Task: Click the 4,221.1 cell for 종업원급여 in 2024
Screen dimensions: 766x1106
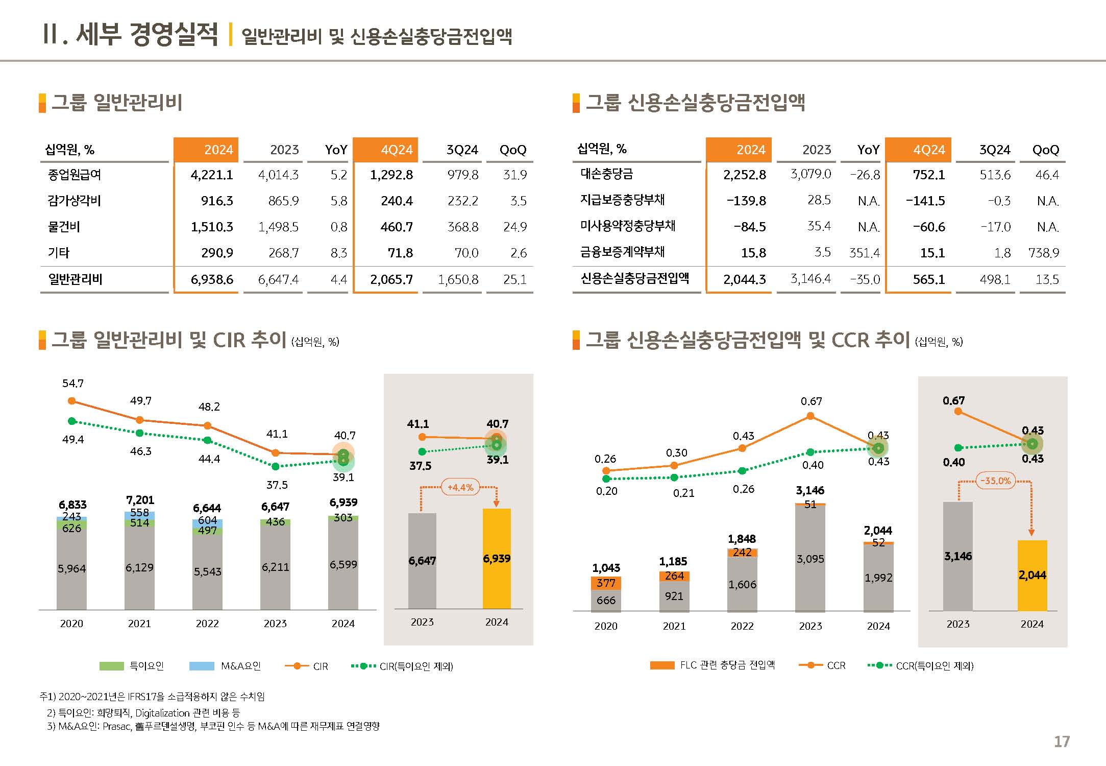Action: pyautogui.click(x=211, y=175)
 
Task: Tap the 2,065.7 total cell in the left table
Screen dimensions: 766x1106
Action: pyautogui.click(x=391, y=280)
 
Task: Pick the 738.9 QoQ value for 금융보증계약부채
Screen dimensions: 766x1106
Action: pyautogui.click(x=1044, y=253)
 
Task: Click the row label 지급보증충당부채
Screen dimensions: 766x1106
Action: pyautogui.click(x=622, y=200)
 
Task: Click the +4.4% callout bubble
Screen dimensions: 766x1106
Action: pyautogui.click(x=460, y=487)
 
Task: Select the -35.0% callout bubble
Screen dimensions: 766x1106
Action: pyautogui.click(x=996, y=481)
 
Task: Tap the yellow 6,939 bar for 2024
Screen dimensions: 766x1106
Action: pyautogui.click(x=497, y=559)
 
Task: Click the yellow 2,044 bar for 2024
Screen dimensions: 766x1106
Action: pyautogui.click(x=1032, y=576)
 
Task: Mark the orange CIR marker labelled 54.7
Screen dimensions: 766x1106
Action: pyautogui.click(x=72, y=401)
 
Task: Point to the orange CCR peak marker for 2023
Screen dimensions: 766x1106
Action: pyautogui.click(x=810, y=416)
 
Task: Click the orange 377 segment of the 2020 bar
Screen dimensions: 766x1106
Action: pyautogui.click(x=606, y=583)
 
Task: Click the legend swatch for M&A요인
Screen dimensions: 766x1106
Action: pyautogui.click(x=202, y=666)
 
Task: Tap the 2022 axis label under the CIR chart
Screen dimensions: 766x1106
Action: pyautogui.click(x=207, y=624)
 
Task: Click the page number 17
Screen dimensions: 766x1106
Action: pyautogui.click(x=1062, y=741)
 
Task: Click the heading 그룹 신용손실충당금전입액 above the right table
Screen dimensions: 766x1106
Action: pyautogui.click(x=695, y=103)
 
